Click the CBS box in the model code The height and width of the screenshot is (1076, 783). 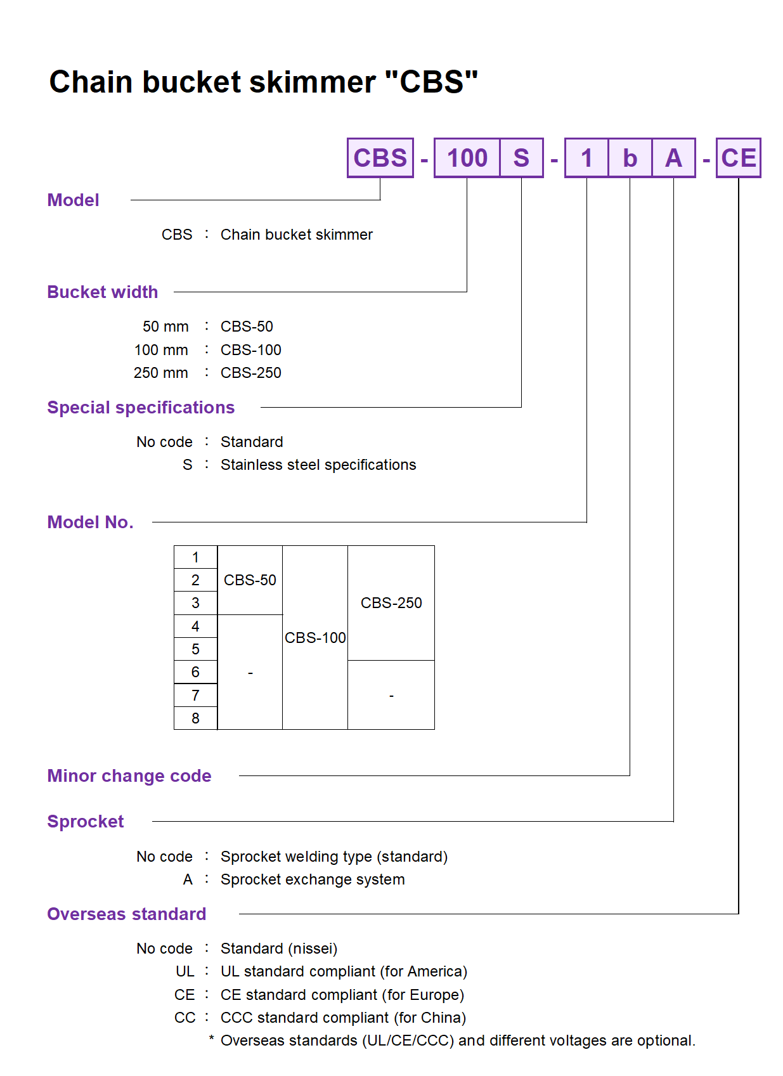point(380,158)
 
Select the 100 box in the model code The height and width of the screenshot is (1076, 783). point(467,158)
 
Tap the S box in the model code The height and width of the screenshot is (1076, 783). point(521,158)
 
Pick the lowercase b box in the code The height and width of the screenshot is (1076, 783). point(630,158)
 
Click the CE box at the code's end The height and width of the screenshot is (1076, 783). point(739,158)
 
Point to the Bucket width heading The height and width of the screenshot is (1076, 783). point(103,292)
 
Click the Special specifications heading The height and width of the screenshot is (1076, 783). point(141,408)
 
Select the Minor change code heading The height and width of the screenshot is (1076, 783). point(129,776)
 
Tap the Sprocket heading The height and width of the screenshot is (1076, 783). point(86,822)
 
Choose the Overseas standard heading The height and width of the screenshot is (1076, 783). point(127,914)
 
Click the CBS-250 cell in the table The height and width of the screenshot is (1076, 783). point(391,603)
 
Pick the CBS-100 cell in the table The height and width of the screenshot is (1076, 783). point(315,638)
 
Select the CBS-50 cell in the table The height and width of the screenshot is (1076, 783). point(250,580)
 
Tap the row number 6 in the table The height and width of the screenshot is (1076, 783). point(195,672)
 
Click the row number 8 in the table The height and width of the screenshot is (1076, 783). point(195,718)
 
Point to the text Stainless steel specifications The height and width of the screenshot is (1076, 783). point(318,465)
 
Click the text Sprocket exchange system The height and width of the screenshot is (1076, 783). point(313,879)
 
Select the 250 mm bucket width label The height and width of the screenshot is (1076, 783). point(161,373)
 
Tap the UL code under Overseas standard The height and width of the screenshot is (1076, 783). point(185,971)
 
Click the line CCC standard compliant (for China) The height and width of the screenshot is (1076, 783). point(343,1018)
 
